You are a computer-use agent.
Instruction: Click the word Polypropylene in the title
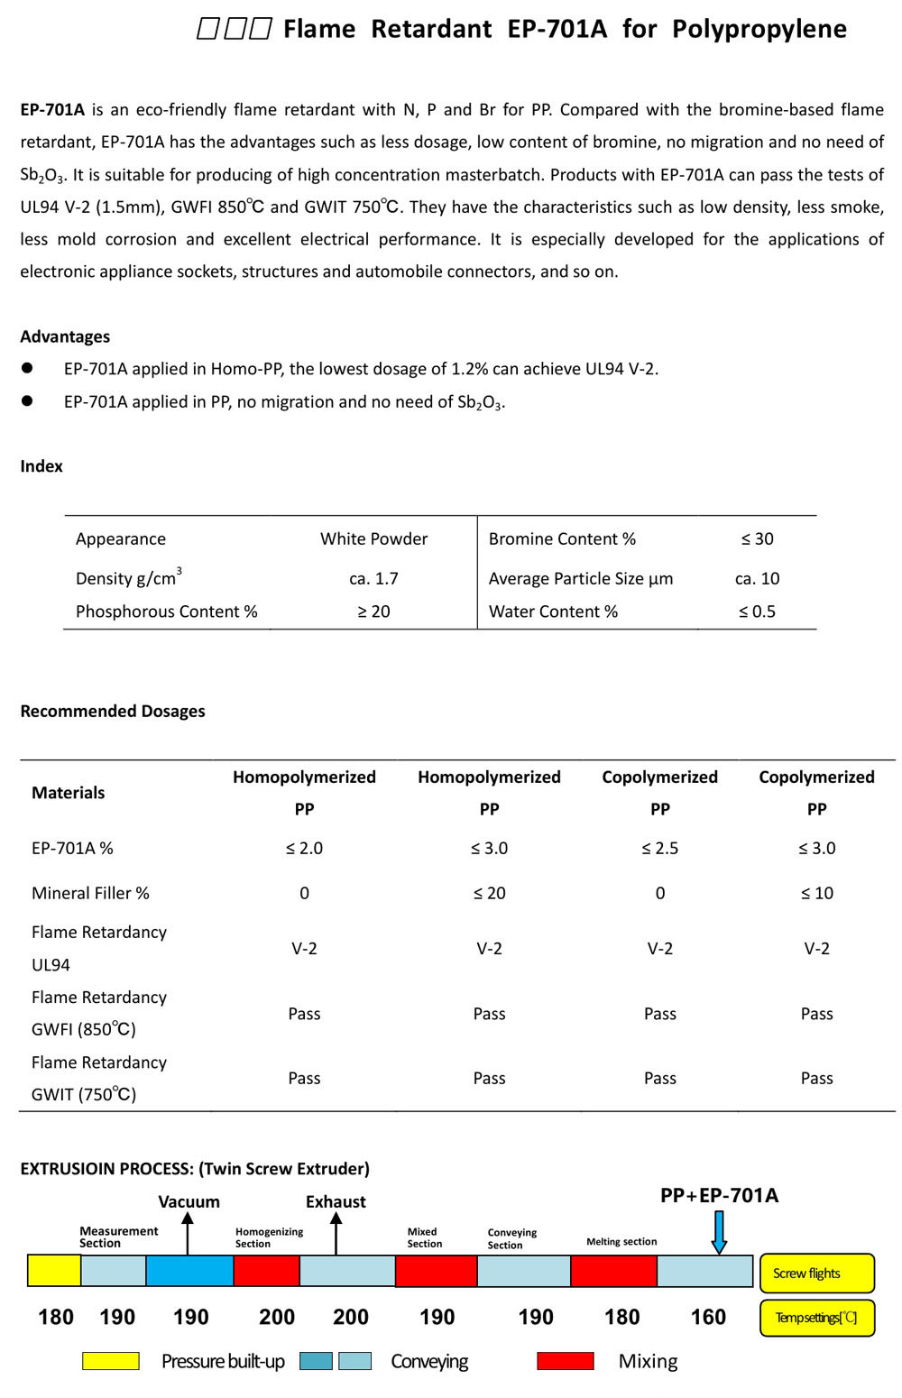[x=759, y=30]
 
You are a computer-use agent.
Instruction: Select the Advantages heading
[x=65, y=336]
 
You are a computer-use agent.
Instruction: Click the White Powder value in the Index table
[x=373, y=539]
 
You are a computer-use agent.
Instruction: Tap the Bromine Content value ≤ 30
[x=757, y=539]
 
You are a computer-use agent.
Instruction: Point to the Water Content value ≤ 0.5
[x=757, y=612]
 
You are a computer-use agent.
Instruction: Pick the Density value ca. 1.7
[x=373, y=579]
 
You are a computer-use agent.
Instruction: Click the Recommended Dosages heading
[x=113, y=712]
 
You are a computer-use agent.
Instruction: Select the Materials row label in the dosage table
[x=68, y=793]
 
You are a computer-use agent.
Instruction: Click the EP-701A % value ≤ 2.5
[x=659, y=849]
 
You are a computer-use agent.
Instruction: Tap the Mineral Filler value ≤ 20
[x=489, y=894]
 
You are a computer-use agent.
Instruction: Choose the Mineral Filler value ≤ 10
[x=816, y=894]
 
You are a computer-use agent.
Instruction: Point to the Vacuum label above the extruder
[x=189, y=1202]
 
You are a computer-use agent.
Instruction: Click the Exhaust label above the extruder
[x=336, y=1202]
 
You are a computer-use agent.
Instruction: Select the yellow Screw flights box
[x=816, y=1274]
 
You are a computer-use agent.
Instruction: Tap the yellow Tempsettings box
[x=816, y=1318]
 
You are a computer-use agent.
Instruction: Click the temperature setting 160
[x=708, y=1318]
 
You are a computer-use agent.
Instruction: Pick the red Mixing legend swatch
[x=565, y=1361]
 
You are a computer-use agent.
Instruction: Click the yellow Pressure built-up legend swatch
[x=110, y=1361]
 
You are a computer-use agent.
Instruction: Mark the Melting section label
[x=621, y=1242]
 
